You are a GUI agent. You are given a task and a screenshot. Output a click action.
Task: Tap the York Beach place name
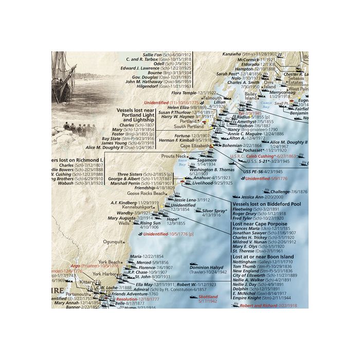109,262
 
